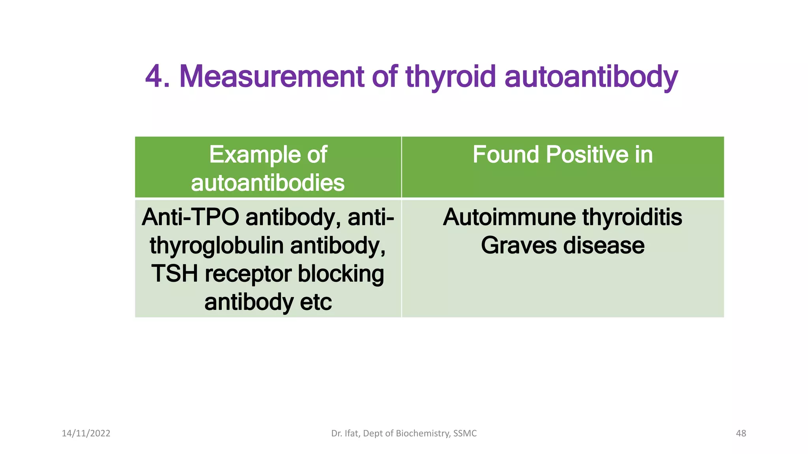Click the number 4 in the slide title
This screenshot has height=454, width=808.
point(154,76)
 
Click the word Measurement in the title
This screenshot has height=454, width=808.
point(271,76)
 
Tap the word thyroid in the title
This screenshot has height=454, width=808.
point(450,76)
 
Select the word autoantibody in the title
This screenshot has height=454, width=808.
point(591,76)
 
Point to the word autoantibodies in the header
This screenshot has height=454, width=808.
point(268,183)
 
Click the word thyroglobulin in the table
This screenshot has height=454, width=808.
point(217,246)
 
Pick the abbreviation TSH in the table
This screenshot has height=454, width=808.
point(174,274)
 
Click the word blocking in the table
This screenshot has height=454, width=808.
point(340,274)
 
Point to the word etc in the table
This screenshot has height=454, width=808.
point(316,302)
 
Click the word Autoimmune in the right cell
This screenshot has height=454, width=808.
point(509,217)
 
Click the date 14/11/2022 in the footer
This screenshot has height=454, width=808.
point(86,434)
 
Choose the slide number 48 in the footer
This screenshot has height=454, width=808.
point(741,434)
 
